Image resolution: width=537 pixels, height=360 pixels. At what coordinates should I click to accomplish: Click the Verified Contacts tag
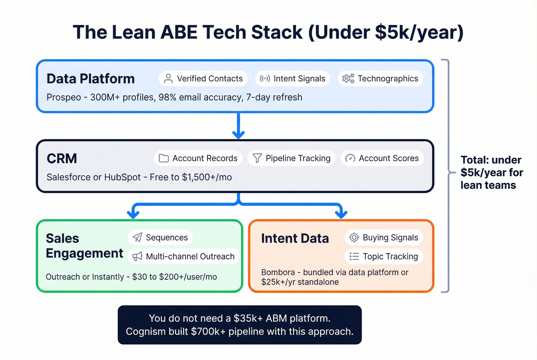click(x=203, y=79)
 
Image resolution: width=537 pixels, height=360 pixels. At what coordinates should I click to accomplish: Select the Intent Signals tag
click(x=293, y=79)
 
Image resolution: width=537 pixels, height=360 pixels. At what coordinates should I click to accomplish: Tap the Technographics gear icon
click(x=348, y=79)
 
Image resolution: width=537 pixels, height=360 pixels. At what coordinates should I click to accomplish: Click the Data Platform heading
click(x=91, y=79)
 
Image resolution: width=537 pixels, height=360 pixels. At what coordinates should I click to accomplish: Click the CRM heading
click(x=62, y=158)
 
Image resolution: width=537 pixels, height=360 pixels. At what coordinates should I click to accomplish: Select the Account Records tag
click(x=198, y=158)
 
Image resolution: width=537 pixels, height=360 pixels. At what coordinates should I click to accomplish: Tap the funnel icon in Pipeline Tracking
click(x=257, y=158)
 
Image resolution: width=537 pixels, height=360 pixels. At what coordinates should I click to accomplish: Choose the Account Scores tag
click(x=382, y=158)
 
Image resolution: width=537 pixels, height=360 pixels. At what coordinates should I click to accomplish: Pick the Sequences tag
click(x=160, y=238)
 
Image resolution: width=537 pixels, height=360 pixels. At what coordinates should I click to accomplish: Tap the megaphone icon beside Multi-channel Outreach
click(x=137, y=256)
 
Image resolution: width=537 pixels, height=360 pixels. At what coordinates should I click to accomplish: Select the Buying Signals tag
click(x=384, y=238)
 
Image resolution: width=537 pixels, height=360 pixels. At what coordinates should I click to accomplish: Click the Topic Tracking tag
click(x=384, y=256)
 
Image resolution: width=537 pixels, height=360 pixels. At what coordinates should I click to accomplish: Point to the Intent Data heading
click(x=295, y=238)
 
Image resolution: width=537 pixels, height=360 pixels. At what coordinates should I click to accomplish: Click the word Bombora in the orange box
click(x=278, y=272)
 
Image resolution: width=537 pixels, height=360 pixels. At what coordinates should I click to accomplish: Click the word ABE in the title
click(x=179, y=32)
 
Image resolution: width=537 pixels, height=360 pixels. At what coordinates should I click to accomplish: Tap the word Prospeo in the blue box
click(x=64, y=97)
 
